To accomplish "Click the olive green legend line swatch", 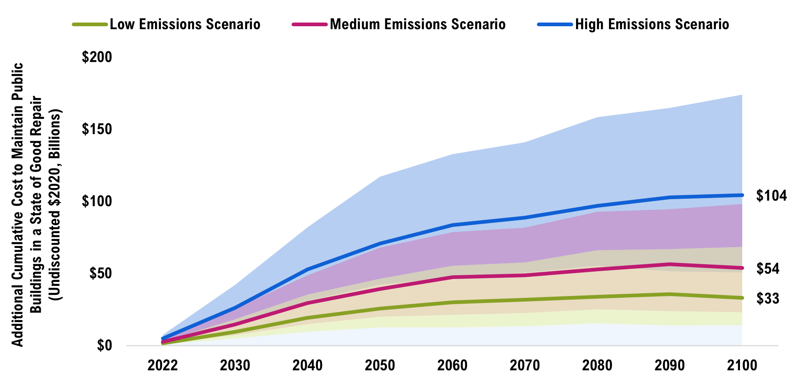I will tap(90, 24).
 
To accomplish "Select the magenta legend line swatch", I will tap(309, 24).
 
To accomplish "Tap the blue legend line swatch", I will tap(555, 24).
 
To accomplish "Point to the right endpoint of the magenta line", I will tap(741, 268).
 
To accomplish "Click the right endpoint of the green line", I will tap(741, 298).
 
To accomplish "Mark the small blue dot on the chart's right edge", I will tap(742, 195).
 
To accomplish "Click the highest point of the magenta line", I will tap(669, 264).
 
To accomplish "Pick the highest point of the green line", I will tap(669, 294).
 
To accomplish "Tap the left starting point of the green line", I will tap(163, 343).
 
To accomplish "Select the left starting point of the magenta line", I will tap(163, 341).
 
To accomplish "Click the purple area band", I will tap(555, 240).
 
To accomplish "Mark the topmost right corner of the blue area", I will tap(741, 95).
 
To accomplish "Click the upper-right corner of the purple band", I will tap(741, 205).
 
